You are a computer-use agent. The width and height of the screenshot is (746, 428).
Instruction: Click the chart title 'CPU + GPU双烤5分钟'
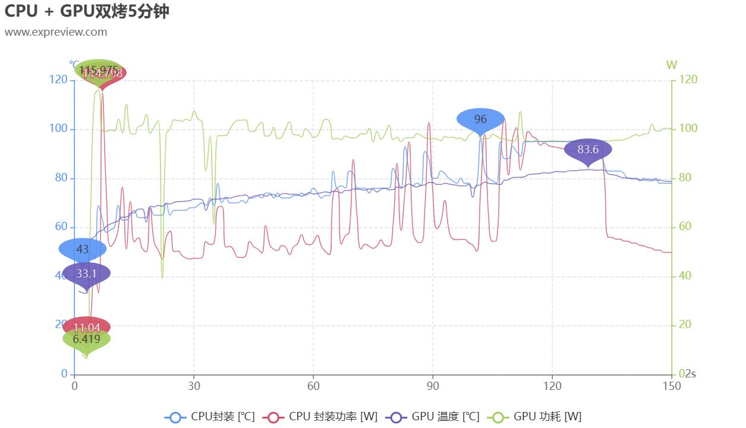click(x=87, y=11)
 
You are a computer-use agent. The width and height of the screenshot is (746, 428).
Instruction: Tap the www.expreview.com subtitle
click(x=56, y=32)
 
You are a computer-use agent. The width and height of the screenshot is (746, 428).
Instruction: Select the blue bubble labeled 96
click(x=480, y=119)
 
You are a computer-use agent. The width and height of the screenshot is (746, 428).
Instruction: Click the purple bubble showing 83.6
click(x=587, y=150)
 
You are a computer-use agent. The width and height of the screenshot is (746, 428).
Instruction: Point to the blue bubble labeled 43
click(x=83, y=250)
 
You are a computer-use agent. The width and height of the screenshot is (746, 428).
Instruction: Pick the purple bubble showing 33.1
click(x=86, y=274)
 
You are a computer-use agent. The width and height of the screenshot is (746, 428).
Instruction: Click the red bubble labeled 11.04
click(x=87, y=328)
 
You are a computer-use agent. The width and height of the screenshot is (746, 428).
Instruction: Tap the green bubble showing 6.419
click(x=87, y=340)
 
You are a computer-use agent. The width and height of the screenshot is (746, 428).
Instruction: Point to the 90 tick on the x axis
click(x=433, y=386)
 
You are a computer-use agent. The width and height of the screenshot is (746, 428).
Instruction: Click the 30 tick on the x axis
click(x=194, y=386)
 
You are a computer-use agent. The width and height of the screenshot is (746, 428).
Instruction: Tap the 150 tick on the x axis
click(x=672, y=386)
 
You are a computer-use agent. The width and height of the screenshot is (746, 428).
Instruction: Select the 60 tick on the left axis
click(x=61, y=227)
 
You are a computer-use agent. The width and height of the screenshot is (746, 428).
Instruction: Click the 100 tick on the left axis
click(x=58, y=129)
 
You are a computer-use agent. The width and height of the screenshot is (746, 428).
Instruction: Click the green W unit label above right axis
click(x=671, y=65)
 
